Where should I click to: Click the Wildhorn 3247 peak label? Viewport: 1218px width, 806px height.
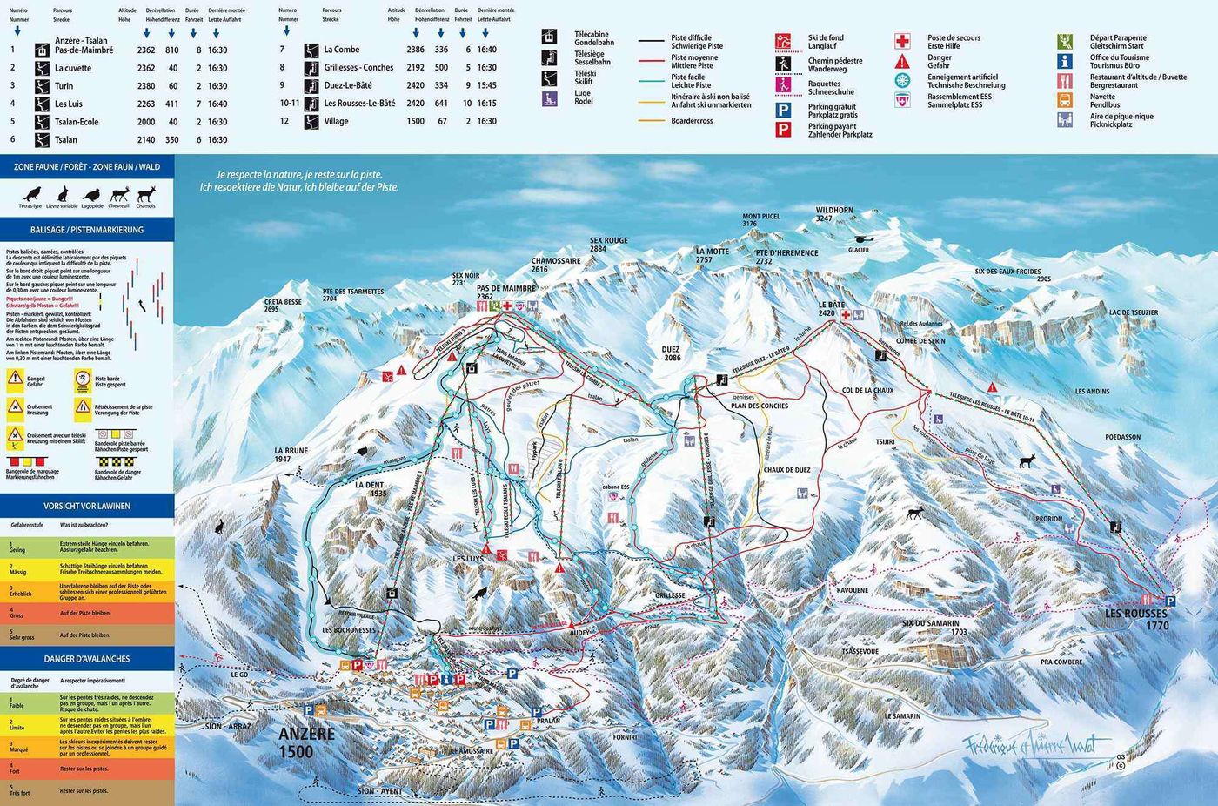(833, 214)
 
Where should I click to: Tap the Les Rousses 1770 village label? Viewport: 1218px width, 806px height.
(1136, 620)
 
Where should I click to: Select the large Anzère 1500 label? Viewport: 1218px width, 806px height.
(306, 742)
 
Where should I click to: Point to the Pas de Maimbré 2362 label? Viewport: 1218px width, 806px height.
(505, 292)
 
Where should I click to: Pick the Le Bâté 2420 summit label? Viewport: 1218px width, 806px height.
(831, 309)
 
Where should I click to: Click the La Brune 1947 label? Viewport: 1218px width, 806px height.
(291, 455)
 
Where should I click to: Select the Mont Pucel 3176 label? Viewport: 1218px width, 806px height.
(760, 219)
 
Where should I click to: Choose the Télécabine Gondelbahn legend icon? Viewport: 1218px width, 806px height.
(549, 37)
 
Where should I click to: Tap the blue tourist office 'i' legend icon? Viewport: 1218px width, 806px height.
(1064, 61)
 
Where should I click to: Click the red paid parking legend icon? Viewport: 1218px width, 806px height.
(783, 130)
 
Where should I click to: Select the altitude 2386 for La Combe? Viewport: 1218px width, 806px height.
(415, 50)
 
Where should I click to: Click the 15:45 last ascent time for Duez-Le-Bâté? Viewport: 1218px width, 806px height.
(486, 85)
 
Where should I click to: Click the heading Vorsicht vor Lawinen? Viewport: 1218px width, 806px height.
(87, 506)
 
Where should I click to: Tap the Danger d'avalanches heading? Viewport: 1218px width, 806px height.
(87, 659)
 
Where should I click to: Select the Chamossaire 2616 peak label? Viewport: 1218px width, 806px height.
(555, 265)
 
